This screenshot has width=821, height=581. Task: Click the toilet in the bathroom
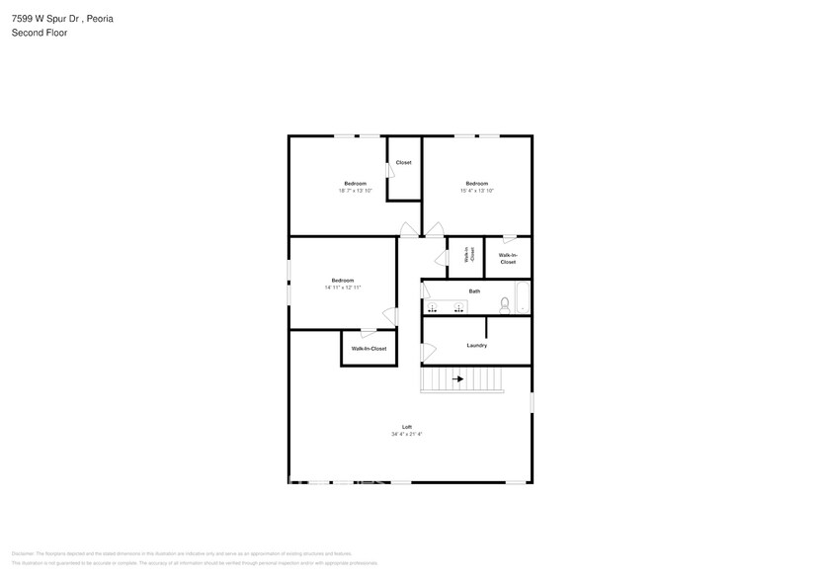pyautogui.click(x=504, y=304)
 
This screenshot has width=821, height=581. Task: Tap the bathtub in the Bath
pyautogui.click(x=522, y=297)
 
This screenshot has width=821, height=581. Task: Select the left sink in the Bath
pyautogui.click(x=431, y=308)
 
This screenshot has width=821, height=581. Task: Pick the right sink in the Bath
pyautogui.click(x=458, y=308)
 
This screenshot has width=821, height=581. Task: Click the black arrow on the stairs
pyautogui.click(x=457, y=377)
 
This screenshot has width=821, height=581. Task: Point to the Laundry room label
pyautogui.click(x=476, y=345)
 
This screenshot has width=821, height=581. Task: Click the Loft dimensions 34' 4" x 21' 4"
pyautogui.click(x=406, y=434)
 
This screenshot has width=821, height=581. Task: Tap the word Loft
pyautogui.click(x=406, y=427)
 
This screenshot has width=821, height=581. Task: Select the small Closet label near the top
pyautogui.click(x=403, y=162)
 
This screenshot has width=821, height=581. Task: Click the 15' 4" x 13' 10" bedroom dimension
pyautogui.click(x=476, y=191)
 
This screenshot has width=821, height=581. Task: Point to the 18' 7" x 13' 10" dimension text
pyautogui.click(x=355, y=191)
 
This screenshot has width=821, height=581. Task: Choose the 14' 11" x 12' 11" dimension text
pyautogui.click(x=343, y=288)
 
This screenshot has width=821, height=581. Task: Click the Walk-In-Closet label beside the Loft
pyautogui.click(x=369, y=349)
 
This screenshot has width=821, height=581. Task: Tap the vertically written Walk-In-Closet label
pyautogui.click(x=467, y=256)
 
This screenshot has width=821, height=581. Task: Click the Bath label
pyautogui.click(x=474, y=290)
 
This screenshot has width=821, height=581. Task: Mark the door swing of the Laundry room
pyautogui.click(x=428, y=351)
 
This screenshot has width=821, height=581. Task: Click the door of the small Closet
pyautogui.click(x=390, y=171)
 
